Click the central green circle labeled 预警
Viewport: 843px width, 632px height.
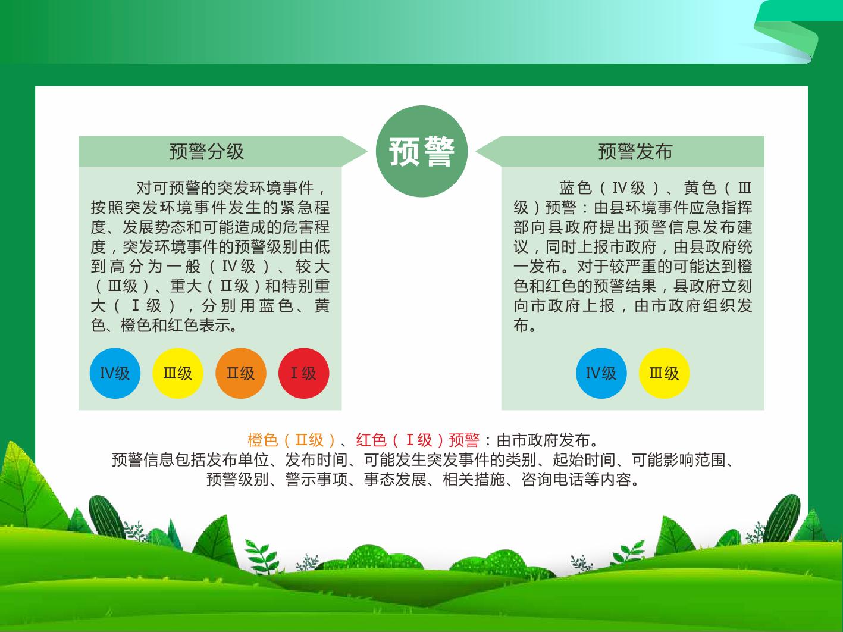421,151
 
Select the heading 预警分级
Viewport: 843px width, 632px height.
206,151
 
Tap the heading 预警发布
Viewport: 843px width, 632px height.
635,151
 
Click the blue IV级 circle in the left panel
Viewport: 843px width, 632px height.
115,373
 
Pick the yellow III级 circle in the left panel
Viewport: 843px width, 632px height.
178,373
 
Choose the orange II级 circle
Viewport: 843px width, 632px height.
241,373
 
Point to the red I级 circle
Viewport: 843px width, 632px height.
304,373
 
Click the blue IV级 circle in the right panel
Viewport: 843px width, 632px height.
601,373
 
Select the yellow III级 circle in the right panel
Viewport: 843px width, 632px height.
664,373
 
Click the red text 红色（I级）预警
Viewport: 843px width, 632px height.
418,440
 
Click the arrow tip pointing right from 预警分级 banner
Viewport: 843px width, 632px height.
368,151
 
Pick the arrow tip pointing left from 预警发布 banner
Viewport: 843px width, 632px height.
476,151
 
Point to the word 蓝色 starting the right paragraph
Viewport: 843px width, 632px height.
575,188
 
